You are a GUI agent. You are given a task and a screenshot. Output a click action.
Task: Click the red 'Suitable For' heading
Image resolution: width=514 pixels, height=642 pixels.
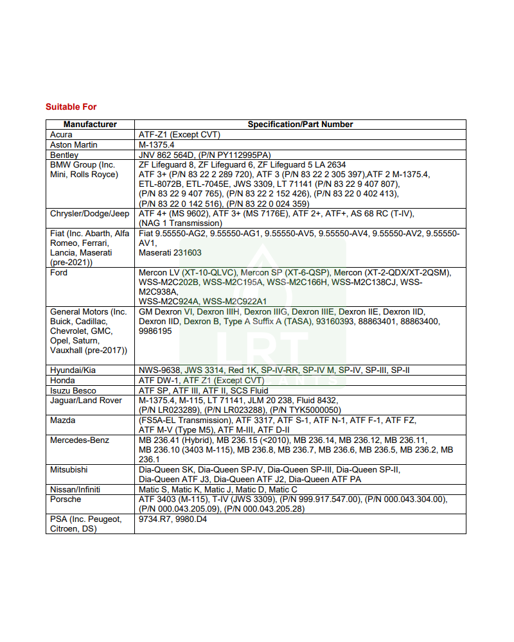coord(71,107)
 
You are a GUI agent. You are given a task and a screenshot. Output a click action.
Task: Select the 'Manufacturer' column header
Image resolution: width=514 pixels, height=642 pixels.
coord(90,125)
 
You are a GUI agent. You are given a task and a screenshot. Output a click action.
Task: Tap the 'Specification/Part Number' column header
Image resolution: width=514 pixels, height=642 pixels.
coord(300,125)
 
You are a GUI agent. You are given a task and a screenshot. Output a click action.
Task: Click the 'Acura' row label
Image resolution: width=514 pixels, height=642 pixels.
coord(62,135)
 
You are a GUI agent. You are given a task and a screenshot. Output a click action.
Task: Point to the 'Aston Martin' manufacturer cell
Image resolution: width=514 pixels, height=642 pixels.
coord(74,145)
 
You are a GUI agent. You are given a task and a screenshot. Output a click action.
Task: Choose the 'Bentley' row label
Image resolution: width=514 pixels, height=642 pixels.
coord(64,155)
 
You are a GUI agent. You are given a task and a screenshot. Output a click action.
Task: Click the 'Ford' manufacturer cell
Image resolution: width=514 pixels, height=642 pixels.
coord(59,273)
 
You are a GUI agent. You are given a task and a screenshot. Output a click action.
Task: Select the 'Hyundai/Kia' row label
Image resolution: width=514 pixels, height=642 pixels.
coord(74,370)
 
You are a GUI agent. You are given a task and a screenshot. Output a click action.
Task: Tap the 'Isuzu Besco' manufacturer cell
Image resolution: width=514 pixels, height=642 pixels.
coord(73,391)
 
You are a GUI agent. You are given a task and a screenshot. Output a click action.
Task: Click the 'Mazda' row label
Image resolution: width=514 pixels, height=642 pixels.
coord(63,421)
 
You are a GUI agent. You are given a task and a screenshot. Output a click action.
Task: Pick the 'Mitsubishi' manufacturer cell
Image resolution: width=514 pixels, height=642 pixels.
coord(69,470)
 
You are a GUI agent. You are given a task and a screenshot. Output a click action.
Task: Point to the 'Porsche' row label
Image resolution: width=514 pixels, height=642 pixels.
coord(66,499)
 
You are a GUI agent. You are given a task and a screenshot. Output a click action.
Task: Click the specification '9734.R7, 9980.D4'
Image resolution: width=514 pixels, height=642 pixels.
coord(173,519)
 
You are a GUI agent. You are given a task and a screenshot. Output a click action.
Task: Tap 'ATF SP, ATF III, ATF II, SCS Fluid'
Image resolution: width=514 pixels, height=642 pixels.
coord(204,391)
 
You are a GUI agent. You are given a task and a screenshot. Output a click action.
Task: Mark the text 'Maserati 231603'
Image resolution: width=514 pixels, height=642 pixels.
coord(170,253)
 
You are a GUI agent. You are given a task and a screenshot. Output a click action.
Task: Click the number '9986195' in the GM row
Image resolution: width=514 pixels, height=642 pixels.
coord(155,331)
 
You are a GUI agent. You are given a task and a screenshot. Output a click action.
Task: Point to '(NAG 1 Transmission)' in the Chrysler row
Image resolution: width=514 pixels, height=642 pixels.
coord(181,223)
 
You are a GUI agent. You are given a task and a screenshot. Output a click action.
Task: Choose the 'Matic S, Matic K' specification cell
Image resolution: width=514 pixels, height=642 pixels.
coord(218,490)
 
